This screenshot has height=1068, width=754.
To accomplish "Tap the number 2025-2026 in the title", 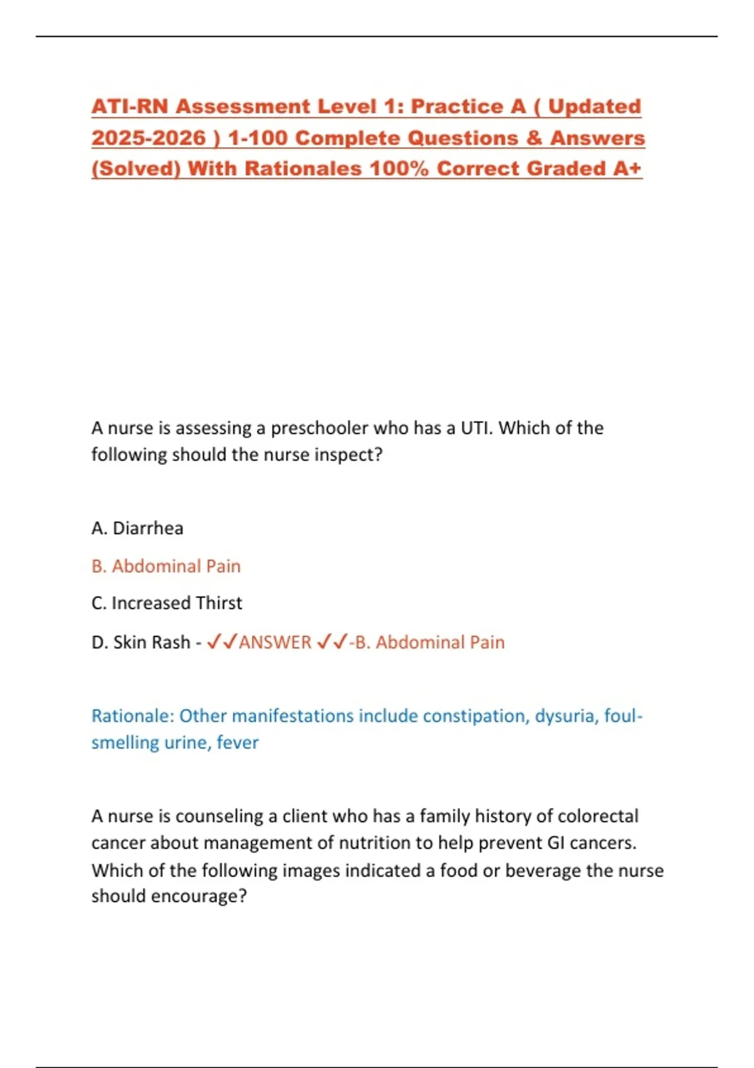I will point(148,138).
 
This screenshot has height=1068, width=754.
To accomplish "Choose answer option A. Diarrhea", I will point(137,528).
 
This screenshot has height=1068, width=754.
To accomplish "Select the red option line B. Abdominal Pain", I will point(166,566).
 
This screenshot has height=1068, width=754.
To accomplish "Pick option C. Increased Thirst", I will point(167,603).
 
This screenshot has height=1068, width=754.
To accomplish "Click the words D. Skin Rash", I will point(141,642).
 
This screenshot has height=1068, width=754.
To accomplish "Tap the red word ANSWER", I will point(275,642).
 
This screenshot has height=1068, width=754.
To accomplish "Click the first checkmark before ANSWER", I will point(213,641).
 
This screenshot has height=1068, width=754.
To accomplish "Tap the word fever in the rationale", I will point(238,743).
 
